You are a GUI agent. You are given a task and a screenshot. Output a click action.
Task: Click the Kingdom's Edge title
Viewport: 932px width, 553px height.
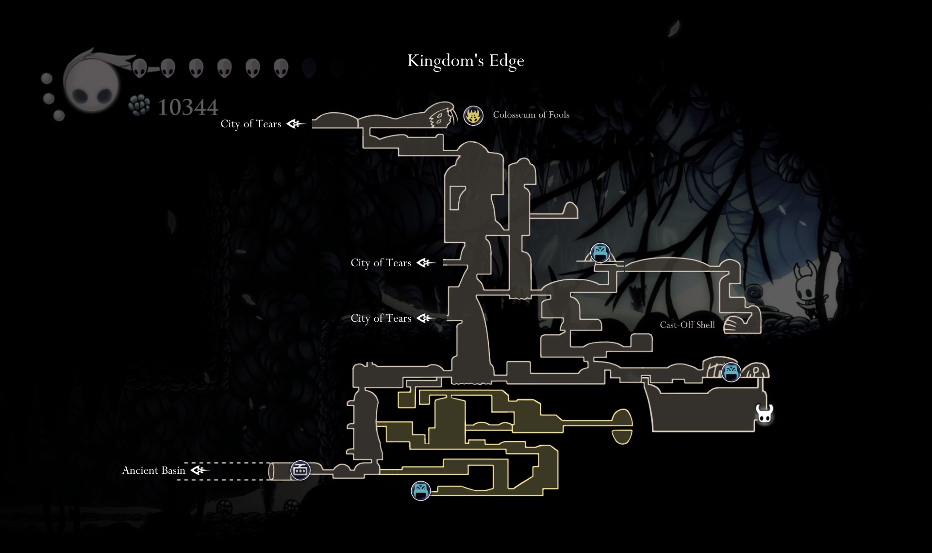466,61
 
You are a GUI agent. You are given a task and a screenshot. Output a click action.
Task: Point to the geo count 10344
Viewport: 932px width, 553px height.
188,107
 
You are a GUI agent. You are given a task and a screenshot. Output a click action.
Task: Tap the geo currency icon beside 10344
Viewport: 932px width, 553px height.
139,105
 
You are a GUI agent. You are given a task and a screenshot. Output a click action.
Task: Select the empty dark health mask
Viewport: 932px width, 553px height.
309,69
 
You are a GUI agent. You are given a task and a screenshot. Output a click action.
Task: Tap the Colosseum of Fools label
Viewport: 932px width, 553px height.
531,115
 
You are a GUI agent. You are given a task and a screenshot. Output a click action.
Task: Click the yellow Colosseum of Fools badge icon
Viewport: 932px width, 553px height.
473,116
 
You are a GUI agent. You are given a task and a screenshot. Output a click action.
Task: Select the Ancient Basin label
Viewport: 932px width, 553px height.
153,470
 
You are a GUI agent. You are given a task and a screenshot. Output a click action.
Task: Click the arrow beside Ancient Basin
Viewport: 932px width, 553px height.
200,470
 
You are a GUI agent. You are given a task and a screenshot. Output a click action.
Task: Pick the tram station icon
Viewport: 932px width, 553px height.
300,470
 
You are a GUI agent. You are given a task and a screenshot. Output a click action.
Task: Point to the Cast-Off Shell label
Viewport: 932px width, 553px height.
687,325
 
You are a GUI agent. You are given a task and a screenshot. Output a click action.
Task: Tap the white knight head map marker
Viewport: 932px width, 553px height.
765,415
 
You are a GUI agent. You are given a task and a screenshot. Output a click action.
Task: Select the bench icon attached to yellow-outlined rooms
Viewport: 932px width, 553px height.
420,491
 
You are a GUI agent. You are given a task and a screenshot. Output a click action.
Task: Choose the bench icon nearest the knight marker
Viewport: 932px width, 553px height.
731,372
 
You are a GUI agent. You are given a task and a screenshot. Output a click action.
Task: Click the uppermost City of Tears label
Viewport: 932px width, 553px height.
250,124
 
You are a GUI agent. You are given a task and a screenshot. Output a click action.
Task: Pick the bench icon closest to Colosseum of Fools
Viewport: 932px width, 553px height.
600,253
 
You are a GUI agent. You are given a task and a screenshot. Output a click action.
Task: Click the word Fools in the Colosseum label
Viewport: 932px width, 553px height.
559,115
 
